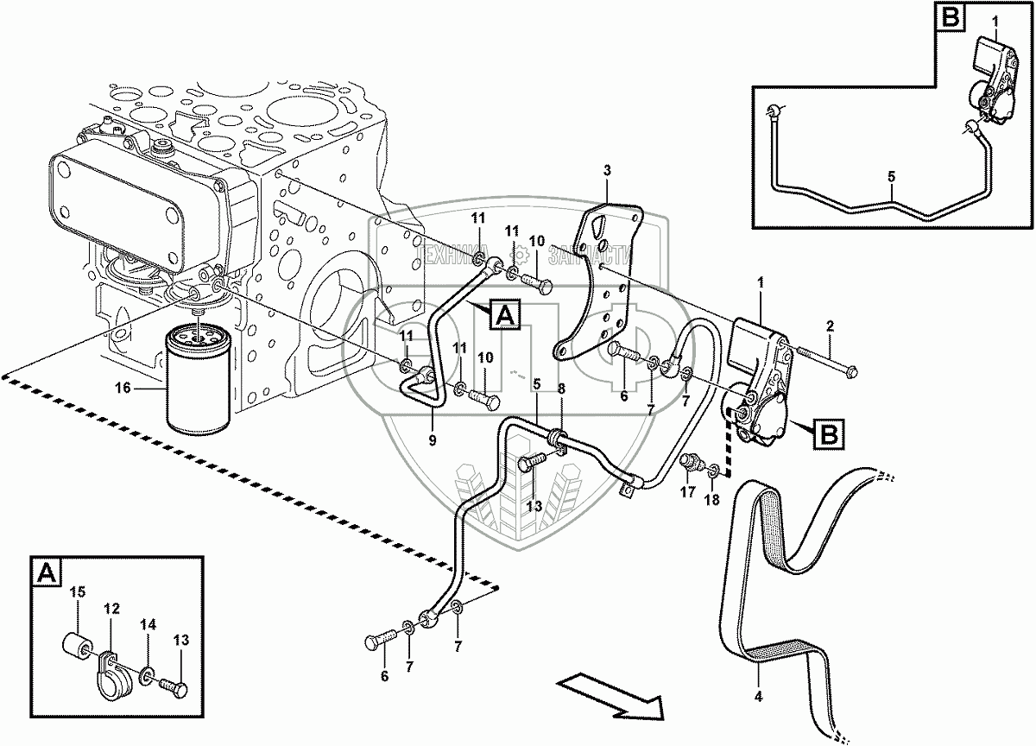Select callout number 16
123,389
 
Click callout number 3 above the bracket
607,168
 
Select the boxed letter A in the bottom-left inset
46,571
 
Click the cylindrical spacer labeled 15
77,646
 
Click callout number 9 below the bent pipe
433,439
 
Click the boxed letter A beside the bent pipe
505,315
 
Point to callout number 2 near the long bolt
830,326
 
